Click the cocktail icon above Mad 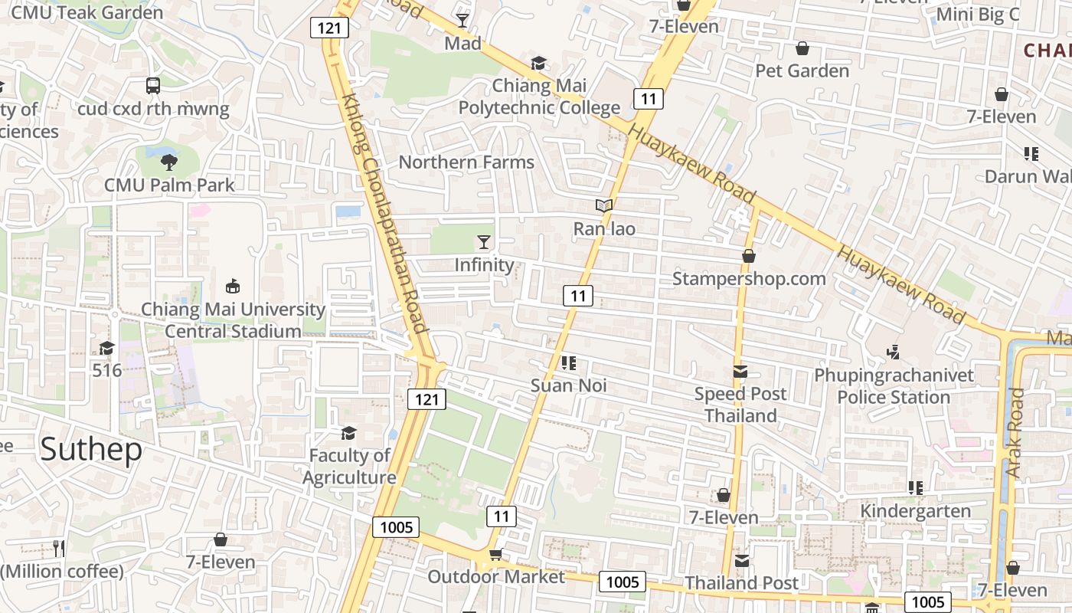pyautogui.click(x=462, y=19)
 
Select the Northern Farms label pyautogui.click(x=466, y=162)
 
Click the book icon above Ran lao pyautogui.click(x=604, y=205)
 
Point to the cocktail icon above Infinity pyautogui.click(x=483, y=242)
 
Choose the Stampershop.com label pyautogui.click(x=749, y=278)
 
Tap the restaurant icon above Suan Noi pyautogui.click(x=568, y=362)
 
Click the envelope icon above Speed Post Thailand pyautogui.click(x=740, y=372)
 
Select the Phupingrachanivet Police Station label pyautogui.click(x=894, y=386)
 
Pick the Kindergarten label pyautogui.click(x=915, y=511)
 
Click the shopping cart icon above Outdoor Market pyautogui.click(x=495, y=555)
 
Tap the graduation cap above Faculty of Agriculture pyautogui.click(x=348, y=433)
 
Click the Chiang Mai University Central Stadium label pyautogui.click(x=234, y=320)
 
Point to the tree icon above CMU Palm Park pyautogui.click(x=169, y=162)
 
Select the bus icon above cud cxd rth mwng pyautogui.click(x=153, y=85)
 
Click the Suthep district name pyautogui.click(x=91, y=449)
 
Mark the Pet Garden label pyautogui.click(x=802, y=71)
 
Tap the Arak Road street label pyautogui.click(x=1015, y=433)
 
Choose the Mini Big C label pyautogui.click(x=978, y=15)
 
